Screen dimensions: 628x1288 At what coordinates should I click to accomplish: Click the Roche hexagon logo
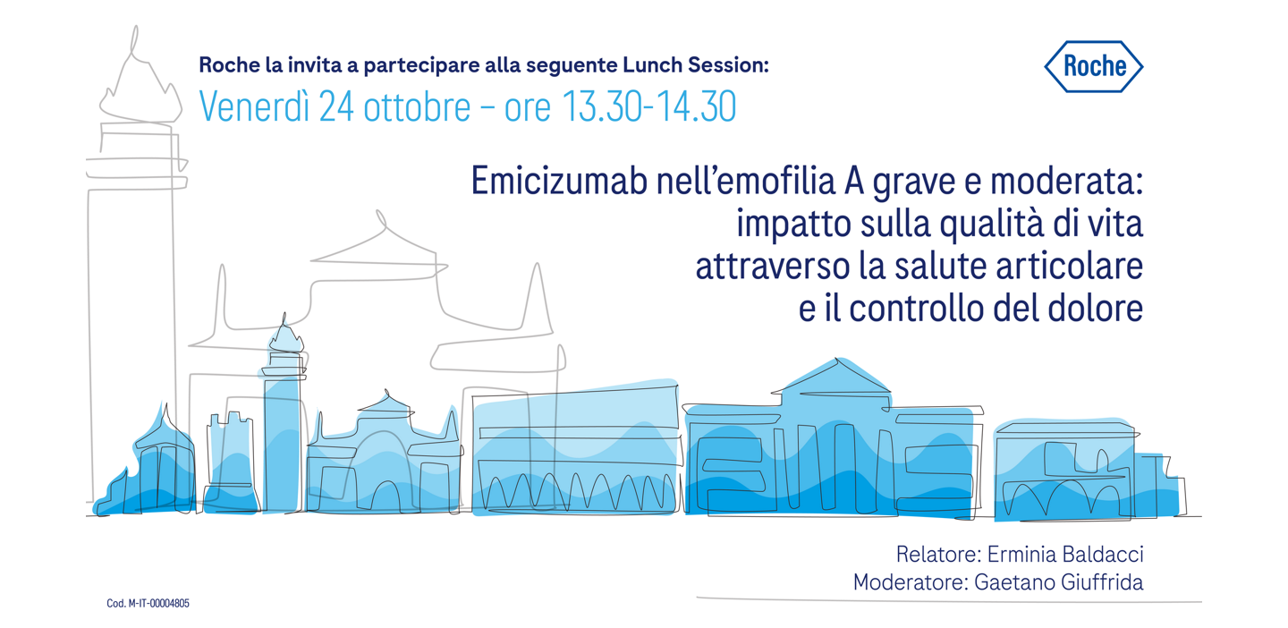tap(1093, 66)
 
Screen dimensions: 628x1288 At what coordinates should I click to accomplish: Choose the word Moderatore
tap(908, 582)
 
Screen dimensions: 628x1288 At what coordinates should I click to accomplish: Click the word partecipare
tap(400, 66)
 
